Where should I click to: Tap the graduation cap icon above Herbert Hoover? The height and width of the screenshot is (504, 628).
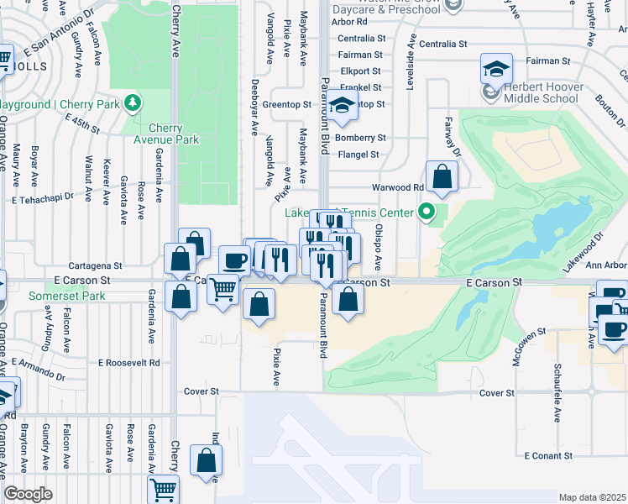[496, 67]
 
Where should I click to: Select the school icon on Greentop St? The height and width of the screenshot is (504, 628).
[341, 104]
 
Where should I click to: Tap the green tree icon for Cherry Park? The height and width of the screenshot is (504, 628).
[132, 103]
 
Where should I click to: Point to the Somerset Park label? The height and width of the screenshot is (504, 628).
[66, 297]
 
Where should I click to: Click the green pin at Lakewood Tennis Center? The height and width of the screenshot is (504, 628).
[427, 213]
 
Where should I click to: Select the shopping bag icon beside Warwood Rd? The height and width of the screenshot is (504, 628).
[441, 176]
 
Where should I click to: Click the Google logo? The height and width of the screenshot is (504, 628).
[28, 494]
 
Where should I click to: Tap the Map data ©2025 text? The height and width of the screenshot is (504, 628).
[592, 497]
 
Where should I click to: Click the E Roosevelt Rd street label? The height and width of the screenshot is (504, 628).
[128, 363]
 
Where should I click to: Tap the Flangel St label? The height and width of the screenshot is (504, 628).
[358, 155]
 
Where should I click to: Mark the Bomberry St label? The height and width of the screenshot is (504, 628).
[359, 138]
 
